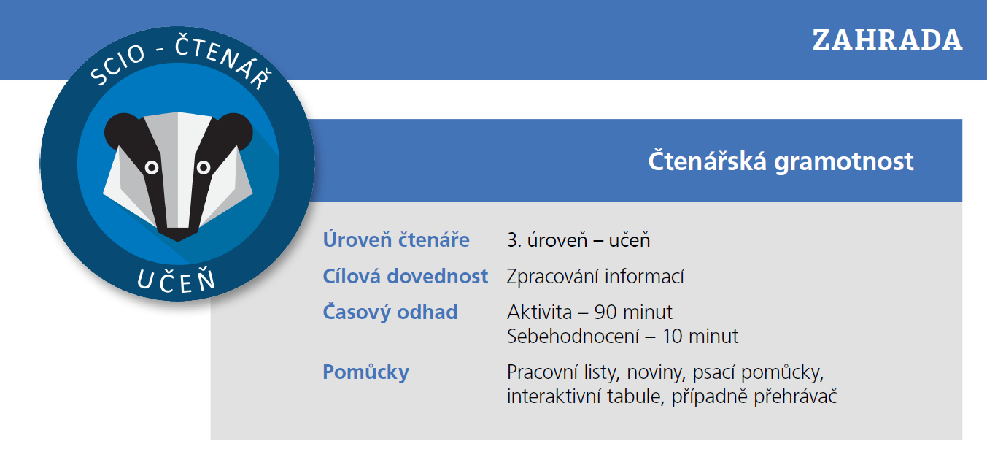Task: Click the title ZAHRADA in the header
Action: pyautogui.click(x=887, y=40)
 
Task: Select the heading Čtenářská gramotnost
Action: pyautogui.click(x=781, y=161)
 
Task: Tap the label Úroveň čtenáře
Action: pyautogui.click(x=396, y=239)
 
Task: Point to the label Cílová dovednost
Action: pyautogui.click(x=406, y=277)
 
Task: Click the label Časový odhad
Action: pyautogui.click(x=390, y=312)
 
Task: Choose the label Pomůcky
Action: pyautogui.click(x=365, y=372)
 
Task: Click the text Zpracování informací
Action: pyautogui.click(x=595, y=277)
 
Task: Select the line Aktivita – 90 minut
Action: pyautogui.click(x=589, y=312)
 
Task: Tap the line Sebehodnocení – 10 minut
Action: pyautogui.click(x=622, y=337)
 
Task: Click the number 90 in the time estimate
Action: pyautogui.click(x=605, y=312)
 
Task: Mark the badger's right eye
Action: pyautogui.click(x=204, y=168)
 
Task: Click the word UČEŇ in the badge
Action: pyautogui.click(x=177, y=279)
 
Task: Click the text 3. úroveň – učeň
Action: pyautogui.click(x=578, y=239)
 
